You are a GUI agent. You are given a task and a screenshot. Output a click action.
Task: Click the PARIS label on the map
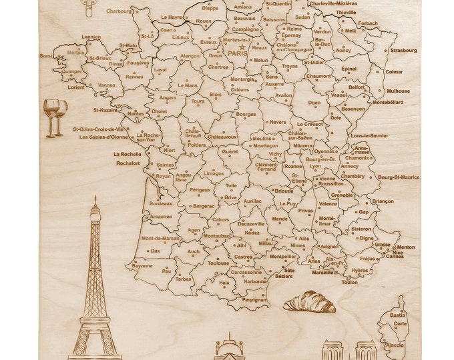coord(237,51)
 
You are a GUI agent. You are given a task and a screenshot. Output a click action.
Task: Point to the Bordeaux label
coord(161,203)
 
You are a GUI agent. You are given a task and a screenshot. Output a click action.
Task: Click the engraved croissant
coord(309,303)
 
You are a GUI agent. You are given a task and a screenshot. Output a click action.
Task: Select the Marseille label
coord(322,272)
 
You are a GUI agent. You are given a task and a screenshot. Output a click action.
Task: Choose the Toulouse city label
coord(218,263)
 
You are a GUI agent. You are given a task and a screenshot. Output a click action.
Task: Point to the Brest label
coord(45,57)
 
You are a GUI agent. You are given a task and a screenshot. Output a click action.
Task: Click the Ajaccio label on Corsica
coord(395,345)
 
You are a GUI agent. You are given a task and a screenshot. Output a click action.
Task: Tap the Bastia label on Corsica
coord(397,315)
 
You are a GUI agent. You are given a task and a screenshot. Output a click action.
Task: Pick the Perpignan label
coord(254,300)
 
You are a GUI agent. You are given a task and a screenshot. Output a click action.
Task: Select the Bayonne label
coord(142,265)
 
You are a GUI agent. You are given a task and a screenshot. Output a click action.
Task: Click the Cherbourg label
coord(119,11)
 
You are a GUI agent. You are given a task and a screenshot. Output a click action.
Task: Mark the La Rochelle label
coord(127,154)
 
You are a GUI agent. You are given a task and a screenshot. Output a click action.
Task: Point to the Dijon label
coord(314,103)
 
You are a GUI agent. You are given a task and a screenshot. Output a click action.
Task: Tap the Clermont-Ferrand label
coord(266,167)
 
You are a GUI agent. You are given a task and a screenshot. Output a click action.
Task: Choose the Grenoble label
coord(341,195)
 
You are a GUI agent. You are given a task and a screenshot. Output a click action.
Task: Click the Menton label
coord(405,247)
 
